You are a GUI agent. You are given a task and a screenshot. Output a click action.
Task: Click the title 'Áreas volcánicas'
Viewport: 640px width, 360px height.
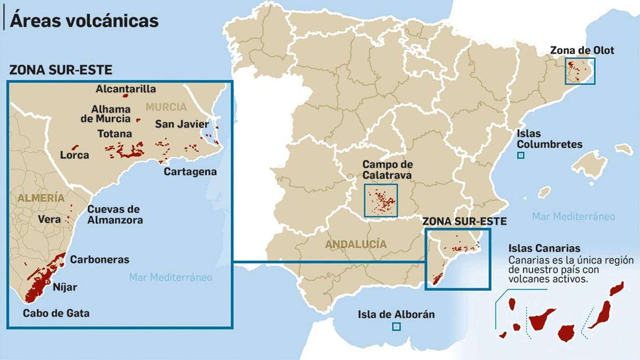click(x=84, y=21)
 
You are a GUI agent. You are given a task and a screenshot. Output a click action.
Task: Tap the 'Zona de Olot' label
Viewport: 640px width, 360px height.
click(x=582, y=50)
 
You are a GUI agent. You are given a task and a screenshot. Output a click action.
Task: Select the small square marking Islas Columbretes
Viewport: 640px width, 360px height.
click(x=520, y=156)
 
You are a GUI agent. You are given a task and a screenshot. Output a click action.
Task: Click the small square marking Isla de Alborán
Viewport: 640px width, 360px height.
click(x=396, y=327)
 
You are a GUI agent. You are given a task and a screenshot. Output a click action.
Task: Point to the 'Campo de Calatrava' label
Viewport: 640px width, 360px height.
click(x=387, y=170)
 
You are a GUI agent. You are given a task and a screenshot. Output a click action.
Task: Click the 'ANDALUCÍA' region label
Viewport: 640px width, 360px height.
click(x=356, y=244)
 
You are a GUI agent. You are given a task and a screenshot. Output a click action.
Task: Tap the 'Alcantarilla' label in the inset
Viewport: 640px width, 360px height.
click(x=126, y=89)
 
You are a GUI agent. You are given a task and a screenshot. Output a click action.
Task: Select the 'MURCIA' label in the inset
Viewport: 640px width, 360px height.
click(x=166, y=107)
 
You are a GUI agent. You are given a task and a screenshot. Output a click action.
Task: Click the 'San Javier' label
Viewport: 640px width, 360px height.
click(x=182, y=124)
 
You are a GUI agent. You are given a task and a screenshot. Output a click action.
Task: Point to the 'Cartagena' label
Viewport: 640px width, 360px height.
click(x=190, y=172)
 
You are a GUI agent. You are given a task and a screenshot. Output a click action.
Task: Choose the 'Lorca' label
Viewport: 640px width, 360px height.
click(x=74, y=155)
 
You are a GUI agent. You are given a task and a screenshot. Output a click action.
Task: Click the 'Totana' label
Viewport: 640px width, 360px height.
click(x=114, y=134)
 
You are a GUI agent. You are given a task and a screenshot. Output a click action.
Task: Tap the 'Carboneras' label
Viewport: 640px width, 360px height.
click(x=100, y=260)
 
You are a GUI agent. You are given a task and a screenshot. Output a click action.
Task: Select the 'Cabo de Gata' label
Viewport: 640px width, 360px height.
click(x=56, y=313)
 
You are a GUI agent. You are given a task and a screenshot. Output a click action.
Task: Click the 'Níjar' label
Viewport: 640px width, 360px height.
click(x=65, y=287)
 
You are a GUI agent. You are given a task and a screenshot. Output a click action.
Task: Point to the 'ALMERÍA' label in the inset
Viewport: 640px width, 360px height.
click(x=41, y=198)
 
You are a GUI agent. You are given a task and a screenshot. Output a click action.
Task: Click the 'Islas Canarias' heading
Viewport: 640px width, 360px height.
click(x=544, y=248)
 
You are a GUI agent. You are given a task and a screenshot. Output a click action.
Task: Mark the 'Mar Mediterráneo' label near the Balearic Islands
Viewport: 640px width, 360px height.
click(x=573, y=216)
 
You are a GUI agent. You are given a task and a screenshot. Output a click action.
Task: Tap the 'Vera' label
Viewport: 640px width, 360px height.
click(x=49, y=219)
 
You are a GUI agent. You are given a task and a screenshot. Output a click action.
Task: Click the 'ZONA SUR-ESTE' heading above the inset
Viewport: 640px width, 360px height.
click(x=61, y=70)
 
